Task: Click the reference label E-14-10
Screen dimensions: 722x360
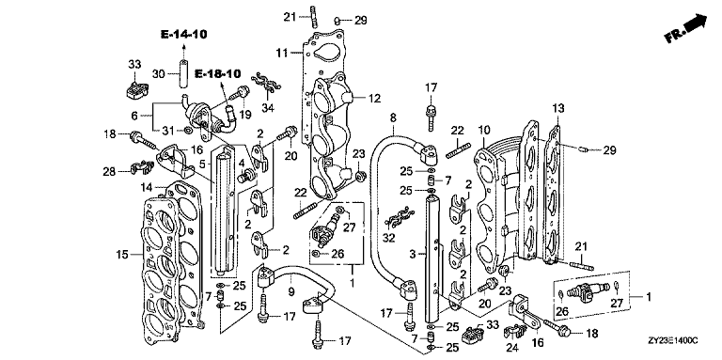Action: (x=183, y=34)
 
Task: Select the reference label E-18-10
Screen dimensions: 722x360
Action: (x=217, y=73)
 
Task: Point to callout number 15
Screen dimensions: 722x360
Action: (x=123, y=253)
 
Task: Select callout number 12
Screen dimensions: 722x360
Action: (x=374, y=98)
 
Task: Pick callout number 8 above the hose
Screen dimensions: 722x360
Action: (x=393, y=117)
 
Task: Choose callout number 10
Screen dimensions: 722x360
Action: (x=482, y=130)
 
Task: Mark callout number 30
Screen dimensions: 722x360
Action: (x=158, y=73)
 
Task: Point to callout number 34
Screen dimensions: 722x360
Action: (x=268, y=108)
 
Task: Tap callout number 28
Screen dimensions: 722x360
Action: (x=109, y=172)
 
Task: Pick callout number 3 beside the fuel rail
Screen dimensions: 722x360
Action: (x=413, y=254)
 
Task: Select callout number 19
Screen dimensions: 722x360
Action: (x=245, y=114)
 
